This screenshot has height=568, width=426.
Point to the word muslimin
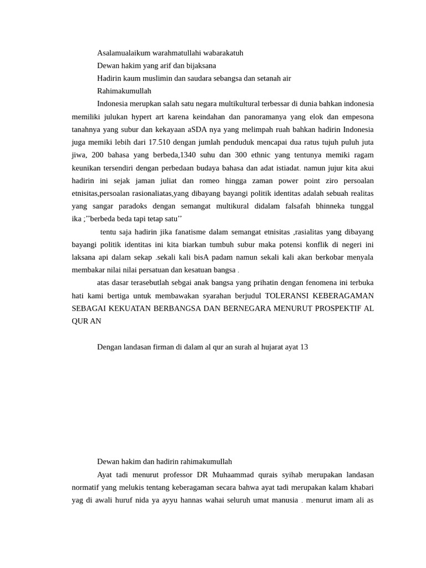coord(155,78)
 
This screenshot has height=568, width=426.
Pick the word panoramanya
coord(261,116)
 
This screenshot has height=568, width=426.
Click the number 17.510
coord(160,142)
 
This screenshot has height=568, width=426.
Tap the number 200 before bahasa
coord(98,155)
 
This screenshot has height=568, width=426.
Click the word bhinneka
coord(331,206)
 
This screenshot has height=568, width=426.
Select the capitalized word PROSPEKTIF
coord(336,308)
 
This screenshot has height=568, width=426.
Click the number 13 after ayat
coord(303,347)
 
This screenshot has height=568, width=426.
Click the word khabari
coord(361,488)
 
